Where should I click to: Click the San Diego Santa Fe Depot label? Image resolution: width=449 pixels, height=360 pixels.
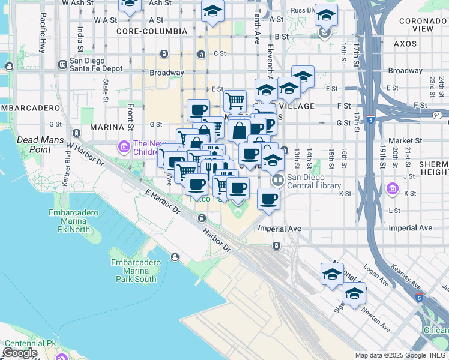coord(96,65)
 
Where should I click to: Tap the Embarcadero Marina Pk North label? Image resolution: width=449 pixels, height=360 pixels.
coord(74,221)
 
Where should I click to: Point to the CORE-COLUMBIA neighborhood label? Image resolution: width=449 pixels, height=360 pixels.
coord(144,30)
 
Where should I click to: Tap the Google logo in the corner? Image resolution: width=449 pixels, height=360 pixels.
coord(20,353)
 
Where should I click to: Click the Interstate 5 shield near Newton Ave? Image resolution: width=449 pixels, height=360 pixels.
coord(419,298)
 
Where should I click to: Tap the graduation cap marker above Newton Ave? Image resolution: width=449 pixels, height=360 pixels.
coord(355,293)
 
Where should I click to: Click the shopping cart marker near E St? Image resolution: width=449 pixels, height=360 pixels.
coord(235,100)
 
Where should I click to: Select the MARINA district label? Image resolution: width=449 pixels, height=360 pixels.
coord(106,127)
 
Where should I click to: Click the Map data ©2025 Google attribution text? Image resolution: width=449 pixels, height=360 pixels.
coord(400,355)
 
